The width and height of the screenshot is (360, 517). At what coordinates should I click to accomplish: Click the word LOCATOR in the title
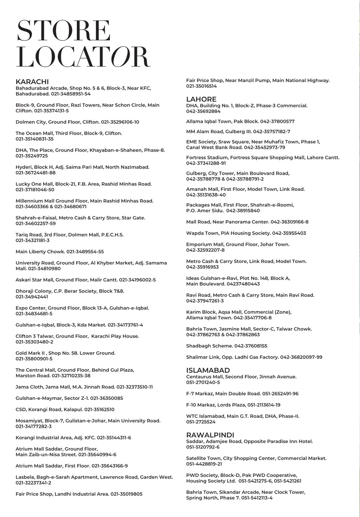coord(83,57)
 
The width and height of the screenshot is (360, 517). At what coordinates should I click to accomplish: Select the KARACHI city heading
coord(32,82)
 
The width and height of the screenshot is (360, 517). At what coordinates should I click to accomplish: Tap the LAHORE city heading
coord(201,99)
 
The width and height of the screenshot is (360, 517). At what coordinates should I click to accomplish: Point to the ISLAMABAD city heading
coord(208,371)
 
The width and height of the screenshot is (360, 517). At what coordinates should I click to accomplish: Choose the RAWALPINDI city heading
coord(210,435)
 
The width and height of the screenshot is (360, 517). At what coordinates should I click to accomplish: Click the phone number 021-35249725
coord(32,156)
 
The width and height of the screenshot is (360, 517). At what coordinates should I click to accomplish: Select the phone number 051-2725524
coord(201,422)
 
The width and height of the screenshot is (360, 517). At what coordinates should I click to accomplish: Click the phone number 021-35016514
coord(201,86)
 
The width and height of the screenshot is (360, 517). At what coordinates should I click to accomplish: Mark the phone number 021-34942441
coord(32,297)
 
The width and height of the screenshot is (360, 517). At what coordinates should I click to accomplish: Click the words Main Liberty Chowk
coord(40,252)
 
